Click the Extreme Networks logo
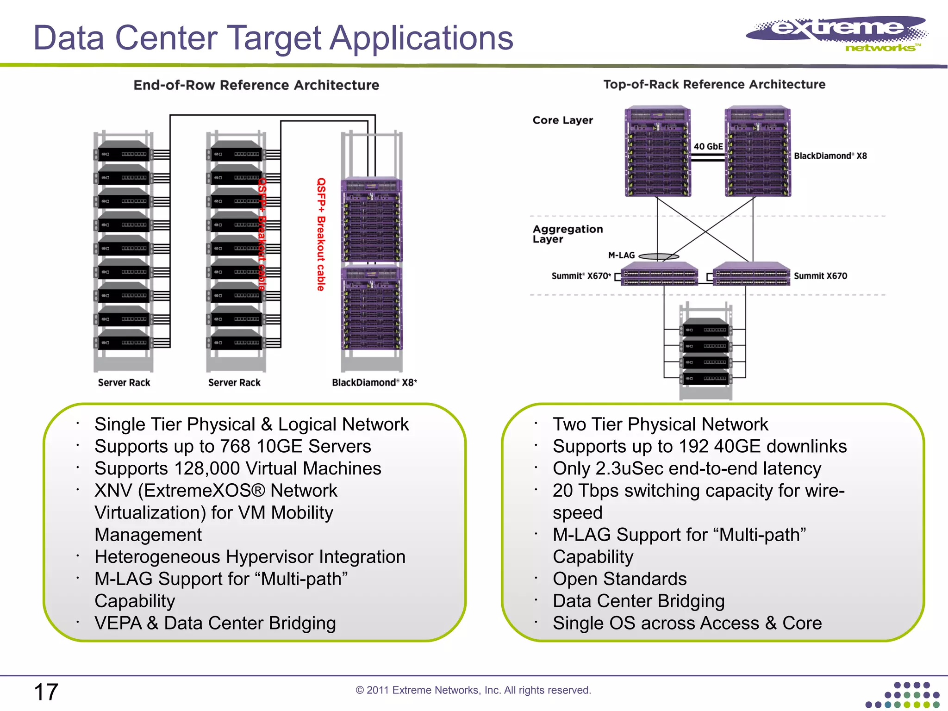(837, 33)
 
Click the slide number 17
(46, 692)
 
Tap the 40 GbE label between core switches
(708, 146)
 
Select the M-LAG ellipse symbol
(659, 256)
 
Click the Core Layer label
(562, 120)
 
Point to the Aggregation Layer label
(568, 234)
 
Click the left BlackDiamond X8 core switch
(657, 152)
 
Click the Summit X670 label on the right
(820, 276)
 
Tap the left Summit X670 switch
(659, 274)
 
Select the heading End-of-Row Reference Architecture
(256, 85)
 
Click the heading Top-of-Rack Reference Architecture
(714, 84)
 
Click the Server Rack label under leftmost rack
(124, 382)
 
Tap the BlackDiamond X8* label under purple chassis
(374, 382)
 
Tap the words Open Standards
(619, 579)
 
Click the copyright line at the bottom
(473, 690)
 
